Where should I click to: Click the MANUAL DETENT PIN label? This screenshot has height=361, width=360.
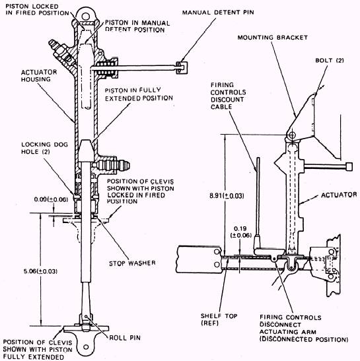218,12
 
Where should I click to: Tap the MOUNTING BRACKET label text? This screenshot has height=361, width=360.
273,38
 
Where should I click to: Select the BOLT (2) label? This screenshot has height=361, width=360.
330,60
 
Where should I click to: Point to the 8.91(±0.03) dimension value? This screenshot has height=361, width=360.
227,196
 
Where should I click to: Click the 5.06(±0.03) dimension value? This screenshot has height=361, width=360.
40,271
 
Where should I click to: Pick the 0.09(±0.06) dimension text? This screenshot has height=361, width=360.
51,199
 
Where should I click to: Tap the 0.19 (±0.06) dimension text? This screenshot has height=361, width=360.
241,232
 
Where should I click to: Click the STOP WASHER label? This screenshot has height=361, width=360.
132,263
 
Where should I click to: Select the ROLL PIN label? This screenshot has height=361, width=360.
125,338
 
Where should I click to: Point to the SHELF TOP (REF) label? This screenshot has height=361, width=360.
219,319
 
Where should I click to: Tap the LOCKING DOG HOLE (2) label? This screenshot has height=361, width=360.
44,148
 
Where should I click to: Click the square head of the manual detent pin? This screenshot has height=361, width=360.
182,68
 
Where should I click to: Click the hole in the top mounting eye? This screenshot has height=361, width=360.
85,16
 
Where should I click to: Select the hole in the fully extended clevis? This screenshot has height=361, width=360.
86,347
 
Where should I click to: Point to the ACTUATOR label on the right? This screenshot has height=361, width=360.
339,195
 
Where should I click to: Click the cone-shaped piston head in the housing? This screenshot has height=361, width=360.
86,150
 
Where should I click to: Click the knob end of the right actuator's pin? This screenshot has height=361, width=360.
349,166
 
